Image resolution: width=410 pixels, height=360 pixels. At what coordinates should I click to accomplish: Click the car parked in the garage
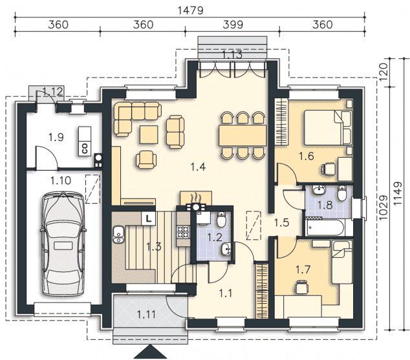63,244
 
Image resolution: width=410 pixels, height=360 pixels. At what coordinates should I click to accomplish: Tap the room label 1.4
198,167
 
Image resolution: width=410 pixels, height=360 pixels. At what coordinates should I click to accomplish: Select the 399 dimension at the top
233,25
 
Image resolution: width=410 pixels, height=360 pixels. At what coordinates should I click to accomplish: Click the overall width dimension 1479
190,10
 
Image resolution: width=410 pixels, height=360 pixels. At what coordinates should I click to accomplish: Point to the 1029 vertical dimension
383,207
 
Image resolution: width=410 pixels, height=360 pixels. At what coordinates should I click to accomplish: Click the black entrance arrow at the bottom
150,352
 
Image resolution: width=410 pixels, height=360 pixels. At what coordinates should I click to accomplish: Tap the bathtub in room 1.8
325,228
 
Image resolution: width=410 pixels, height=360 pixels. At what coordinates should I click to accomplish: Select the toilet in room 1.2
221,220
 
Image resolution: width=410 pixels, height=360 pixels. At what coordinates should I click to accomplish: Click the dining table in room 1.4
243,135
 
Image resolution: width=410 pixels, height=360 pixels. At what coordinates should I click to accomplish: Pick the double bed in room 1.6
328,127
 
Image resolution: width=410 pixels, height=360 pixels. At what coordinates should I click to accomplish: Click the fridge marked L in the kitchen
149,218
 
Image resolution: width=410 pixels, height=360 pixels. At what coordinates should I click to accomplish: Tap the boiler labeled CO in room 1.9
85,142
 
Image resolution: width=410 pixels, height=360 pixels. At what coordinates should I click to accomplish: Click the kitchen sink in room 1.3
119,235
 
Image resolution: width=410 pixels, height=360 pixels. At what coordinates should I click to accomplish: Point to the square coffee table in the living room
149,134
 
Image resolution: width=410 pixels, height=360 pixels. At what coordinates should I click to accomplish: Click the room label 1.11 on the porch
146,314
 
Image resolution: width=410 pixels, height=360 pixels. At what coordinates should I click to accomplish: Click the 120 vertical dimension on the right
383,72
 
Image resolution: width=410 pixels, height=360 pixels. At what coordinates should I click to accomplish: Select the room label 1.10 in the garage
61,180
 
